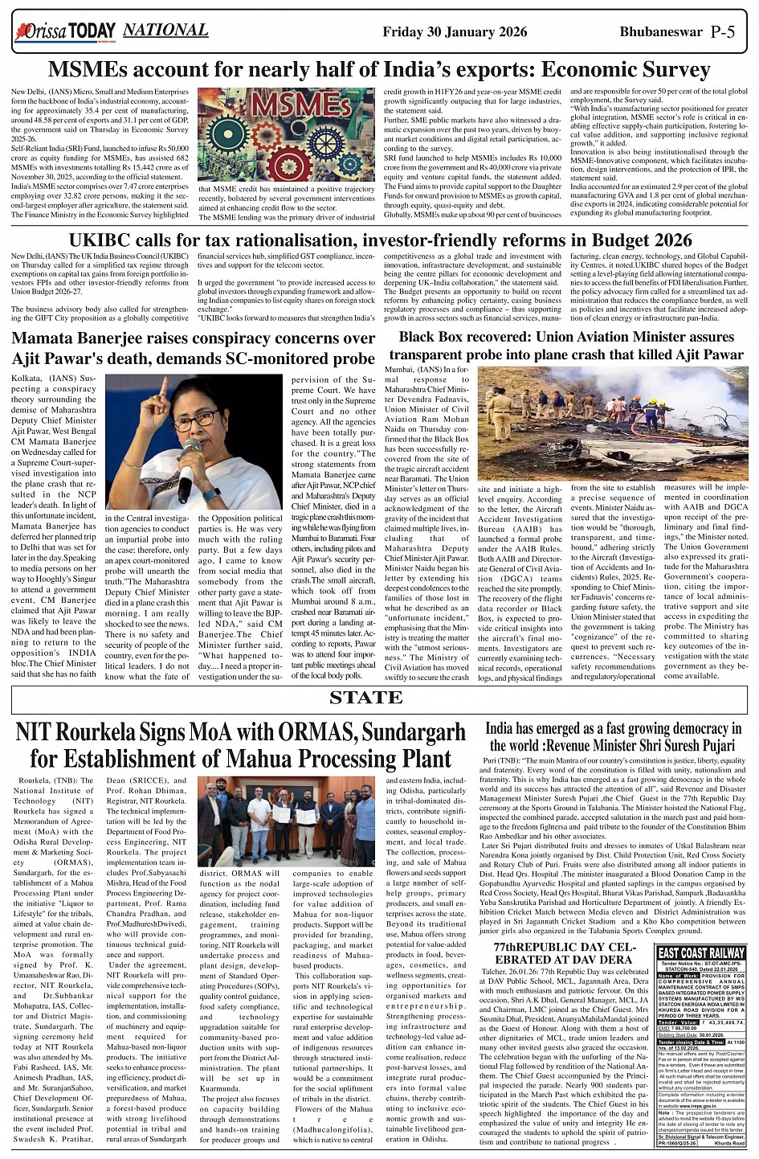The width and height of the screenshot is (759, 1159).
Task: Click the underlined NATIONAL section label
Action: (166, 31)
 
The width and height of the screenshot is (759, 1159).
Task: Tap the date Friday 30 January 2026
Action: (455, 32)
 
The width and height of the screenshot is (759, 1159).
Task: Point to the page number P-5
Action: (728, 32)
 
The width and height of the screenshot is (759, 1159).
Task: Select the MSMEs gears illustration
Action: (286, 135)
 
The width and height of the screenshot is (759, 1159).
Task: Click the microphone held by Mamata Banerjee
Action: (189, 466)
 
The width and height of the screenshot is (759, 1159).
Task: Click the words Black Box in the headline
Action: (435, 337)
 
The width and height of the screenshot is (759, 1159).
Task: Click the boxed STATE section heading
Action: (377, 697)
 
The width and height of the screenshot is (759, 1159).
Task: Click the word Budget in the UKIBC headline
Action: (620, 240)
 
